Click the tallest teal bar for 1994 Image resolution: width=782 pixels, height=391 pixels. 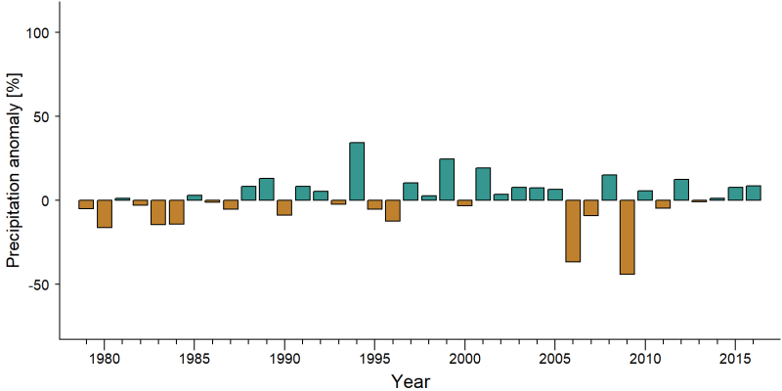coord(357,171)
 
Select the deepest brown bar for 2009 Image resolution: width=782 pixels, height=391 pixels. coord(627,237)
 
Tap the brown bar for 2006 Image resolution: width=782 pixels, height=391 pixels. coord(573,231)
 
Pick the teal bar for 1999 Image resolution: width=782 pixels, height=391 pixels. coord(447,180)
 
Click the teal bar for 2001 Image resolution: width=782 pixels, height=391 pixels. coord(483,184)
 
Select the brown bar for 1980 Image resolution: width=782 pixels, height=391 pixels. coord(105,213)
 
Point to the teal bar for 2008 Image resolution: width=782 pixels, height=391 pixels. coord(609,188)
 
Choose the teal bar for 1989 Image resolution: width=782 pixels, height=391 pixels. coord(266,189)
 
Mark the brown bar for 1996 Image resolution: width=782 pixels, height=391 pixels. coord(393,210)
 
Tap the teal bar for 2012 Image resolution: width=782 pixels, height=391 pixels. coord(681,190)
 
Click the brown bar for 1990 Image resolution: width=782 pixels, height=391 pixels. coord(284,207)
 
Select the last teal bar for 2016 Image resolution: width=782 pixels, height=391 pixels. coord(753,193)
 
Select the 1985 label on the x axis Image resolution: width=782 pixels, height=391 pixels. coord(194,359)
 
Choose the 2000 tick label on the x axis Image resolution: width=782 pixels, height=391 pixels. coord(464,359)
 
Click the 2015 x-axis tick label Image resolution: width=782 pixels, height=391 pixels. coord(735,359)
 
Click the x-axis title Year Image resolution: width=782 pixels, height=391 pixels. coord(410,381)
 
